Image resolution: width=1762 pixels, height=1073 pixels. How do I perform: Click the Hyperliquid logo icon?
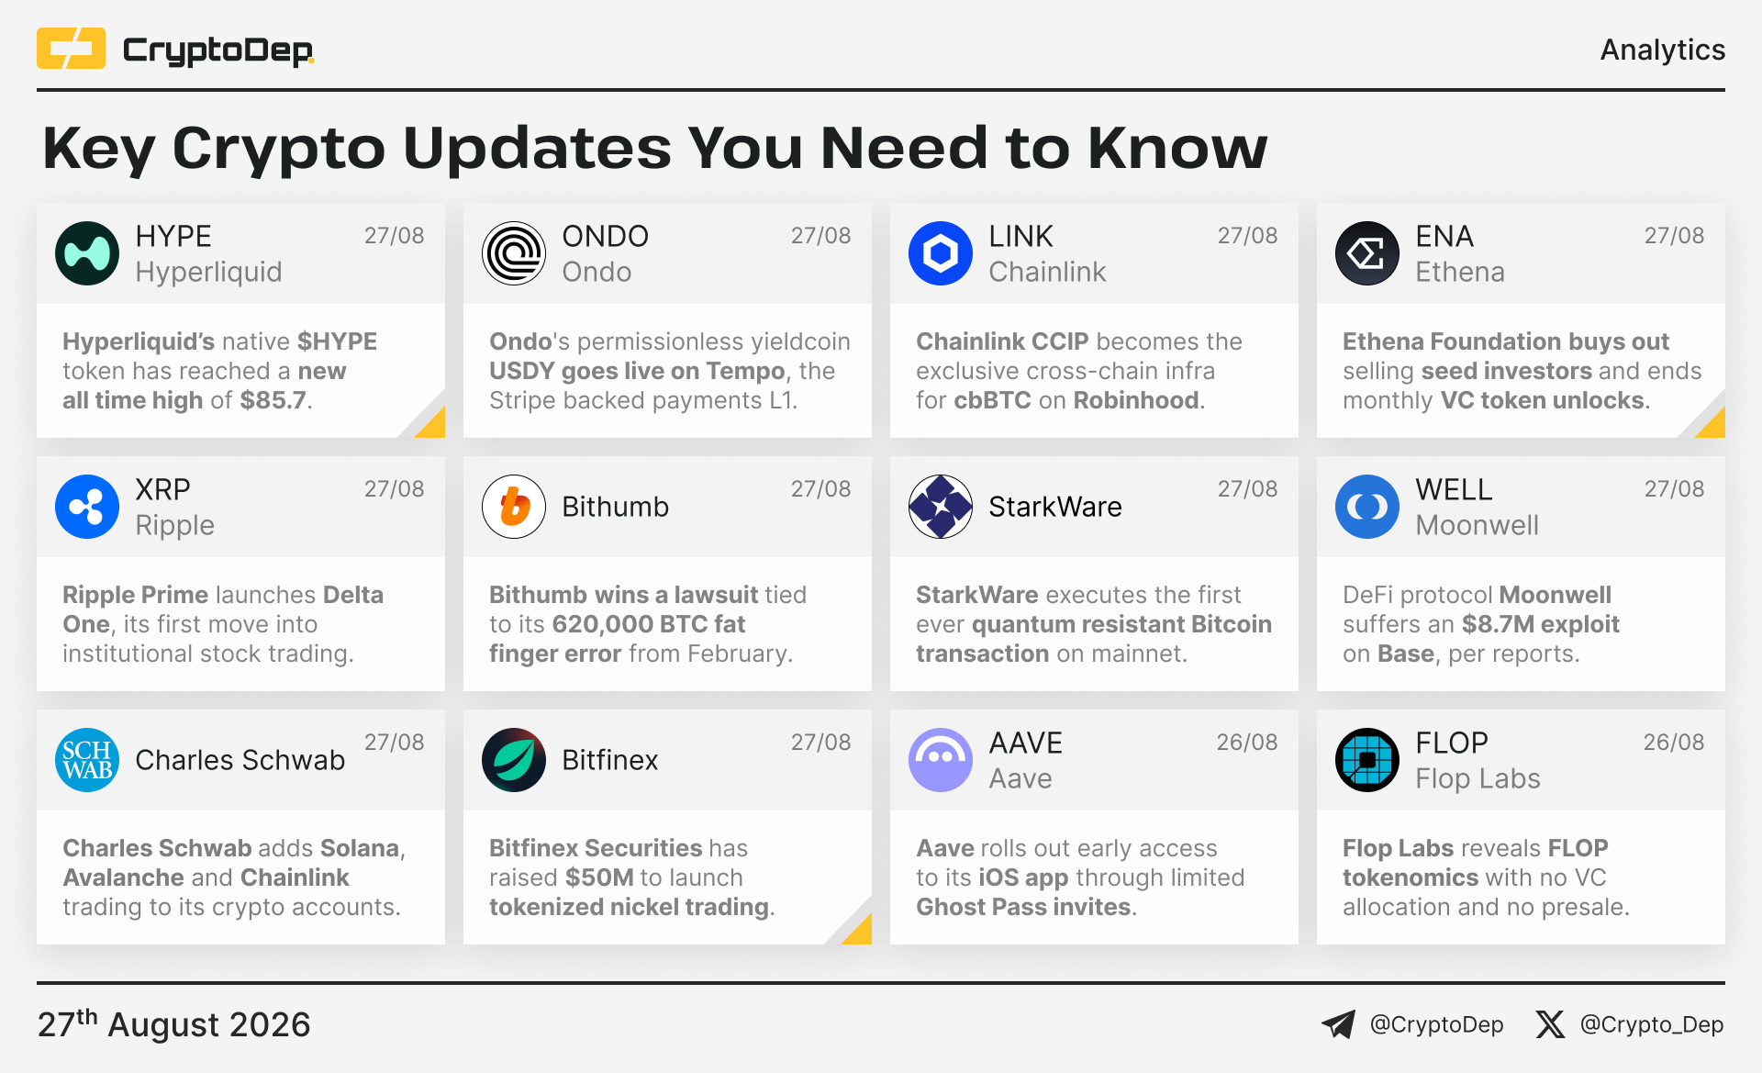87,253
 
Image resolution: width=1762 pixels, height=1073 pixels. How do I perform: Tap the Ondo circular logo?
514,253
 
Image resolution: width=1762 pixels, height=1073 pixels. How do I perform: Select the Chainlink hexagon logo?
941,253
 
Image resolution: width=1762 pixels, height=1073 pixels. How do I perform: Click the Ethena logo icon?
1367,253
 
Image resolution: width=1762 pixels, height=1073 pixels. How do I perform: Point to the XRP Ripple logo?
87,507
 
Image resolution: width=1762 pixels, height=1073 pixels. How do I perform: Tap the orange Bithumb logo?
514,507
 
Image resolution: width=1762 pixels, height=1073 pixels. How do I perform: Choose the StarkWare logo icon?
941,507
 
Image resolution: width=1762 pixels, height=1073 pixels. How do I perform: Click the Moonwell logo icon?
1367,507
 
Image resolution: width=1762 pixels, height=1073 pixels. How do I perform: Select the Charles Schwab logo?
87,760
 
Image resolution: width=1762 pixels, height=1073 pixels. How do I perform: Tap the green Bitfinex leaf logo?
514,760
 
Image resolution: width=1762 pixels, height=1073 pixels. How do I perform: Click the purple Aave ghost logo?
941,760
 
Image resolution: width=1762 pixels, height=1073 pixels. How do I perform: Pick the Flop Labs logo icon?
1367,760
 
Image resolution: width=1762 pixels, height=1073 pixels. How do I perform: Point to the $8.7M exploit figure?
1540,624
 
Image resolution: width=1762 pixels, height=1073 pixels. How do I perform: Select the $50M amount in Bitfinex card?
599,877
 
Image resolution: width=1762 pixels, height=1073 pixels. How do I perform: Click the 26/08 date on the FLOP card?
1674,742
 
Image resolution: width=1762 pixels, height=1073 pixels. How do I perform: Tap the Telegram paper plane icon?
1339,1024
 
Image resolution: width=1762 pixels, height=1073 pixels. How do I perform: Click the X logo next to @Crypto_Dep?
1550,1024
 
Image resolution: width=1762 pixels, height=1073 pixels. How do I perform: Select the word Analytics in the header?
1663,50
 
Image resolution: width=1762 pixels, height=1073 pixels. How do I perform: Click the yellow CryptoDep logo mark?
71,49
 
